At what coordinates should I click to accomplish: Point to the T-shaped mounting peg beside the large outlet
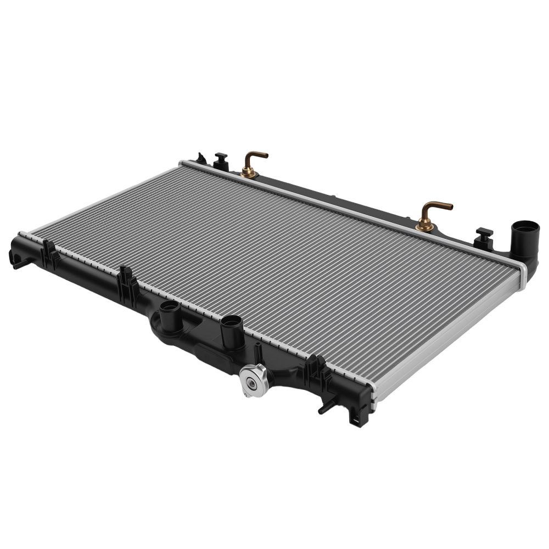click(x=484, y=234)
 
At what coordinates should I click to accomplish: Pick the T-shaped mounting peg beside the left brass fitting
click(x=221, y=160)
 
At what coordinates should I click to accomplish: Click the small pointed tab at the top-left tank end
click(x=201, y=158)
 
